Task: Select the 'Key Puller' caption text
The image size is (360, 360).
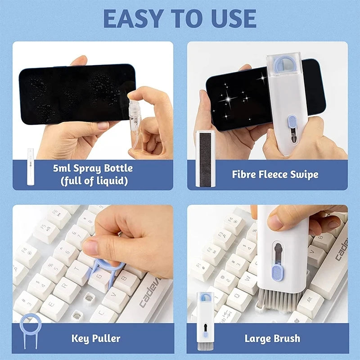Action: click(x=96, y=337)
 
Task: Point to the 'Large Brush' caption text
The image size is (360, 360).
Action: click(x=272, y=338)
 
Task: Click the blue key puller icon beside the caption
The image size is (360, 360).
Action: click(x=30, y=331)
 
